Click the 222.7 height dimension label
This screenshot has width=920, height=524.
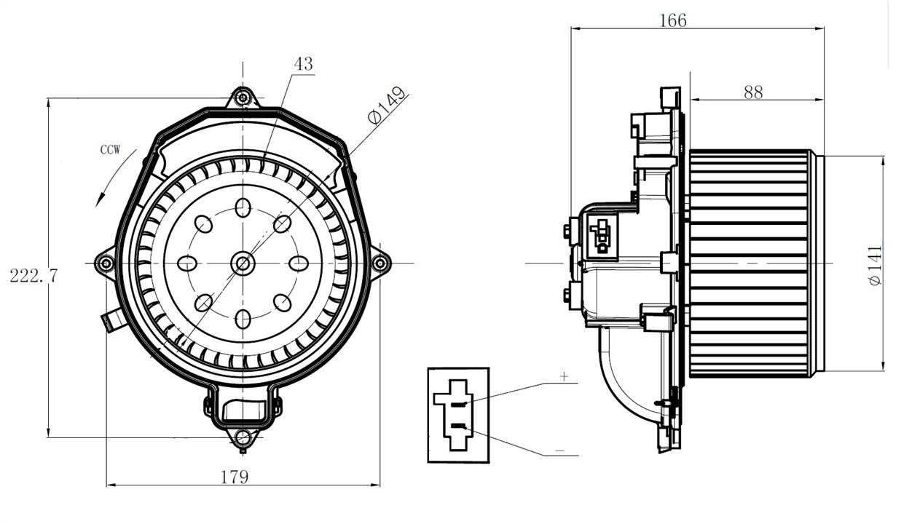coord(34,276)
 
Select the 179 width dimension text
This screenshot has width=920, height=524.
coord(235,477)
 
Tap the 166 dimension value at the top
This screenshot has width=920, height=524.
coord(673,20)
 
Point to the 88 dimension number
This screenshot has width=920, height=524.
coord(753,92)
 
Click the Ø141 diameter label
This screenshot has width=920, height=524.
coord(875,265)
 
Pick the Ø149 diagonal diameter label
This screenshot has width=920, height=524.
coord(387,105)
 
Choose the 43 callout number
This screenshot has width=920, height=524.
coord(304,63)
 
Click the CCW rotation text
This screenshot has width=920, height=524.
coord(111,150)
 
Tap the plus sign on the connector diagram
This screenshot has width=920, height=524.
coord(565,376)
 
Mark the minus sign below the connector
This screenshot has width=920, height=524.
coord(560,450)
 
